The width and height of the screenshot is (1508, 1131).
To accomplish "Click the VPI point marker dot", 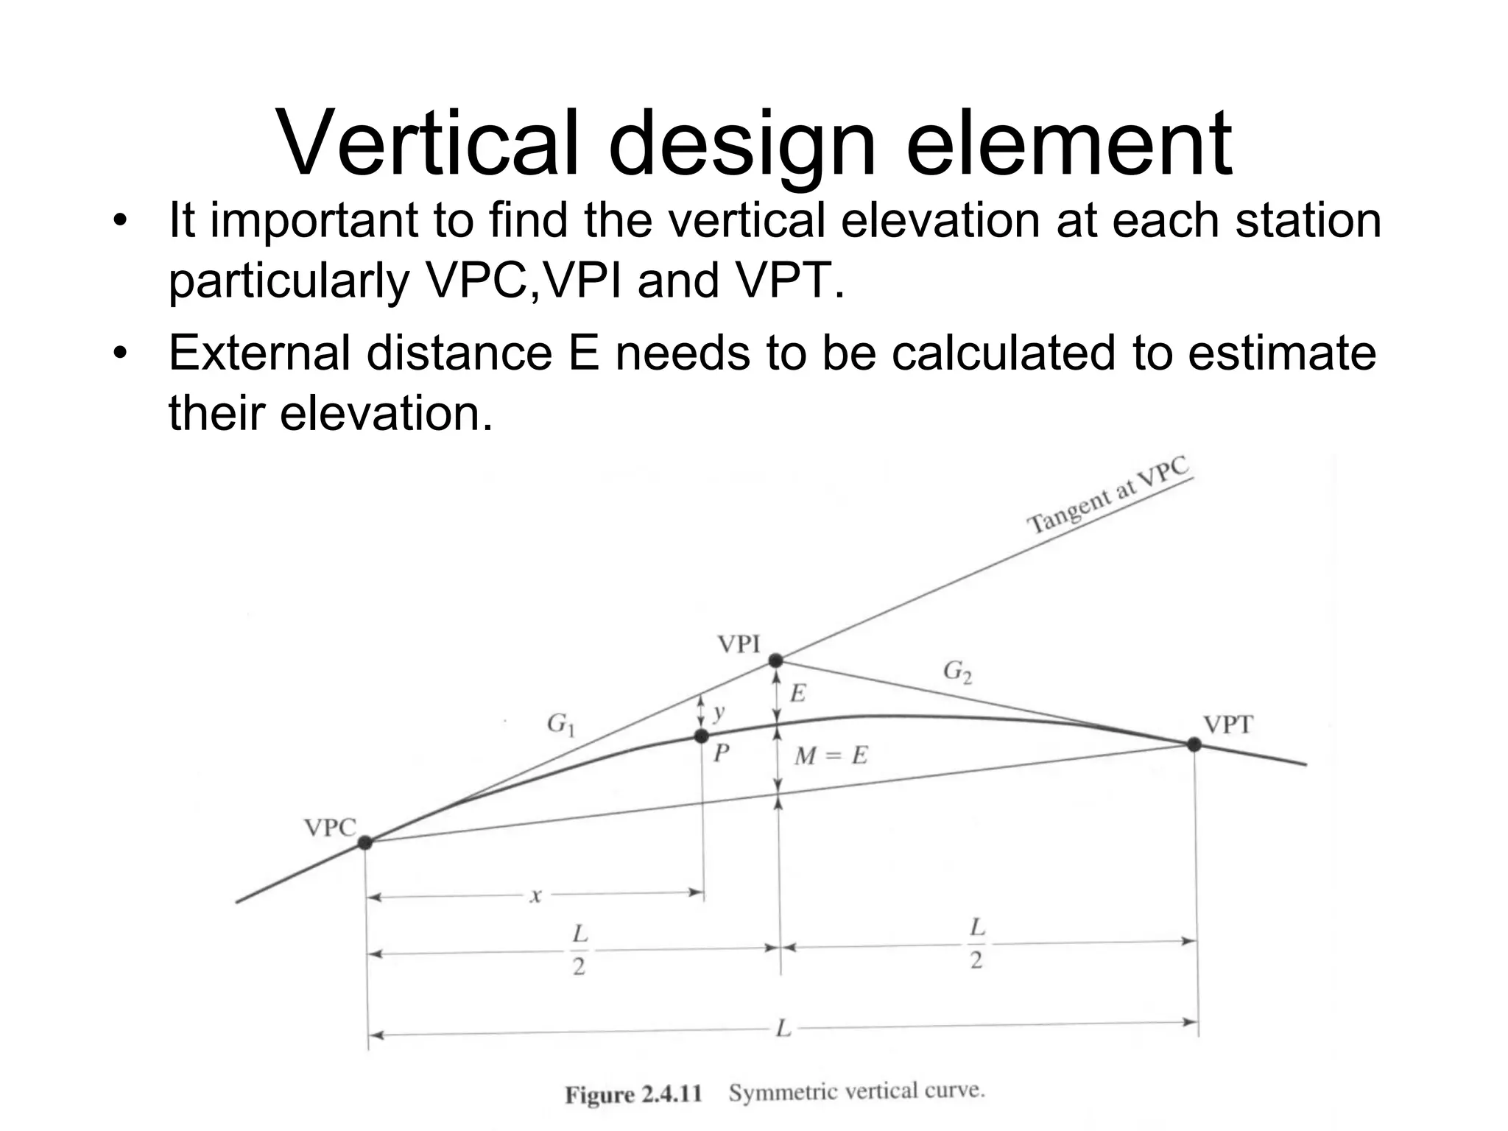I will tap(775, 660).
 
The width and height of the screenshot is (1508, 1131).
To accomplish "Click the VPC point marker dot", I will tap(365, 842).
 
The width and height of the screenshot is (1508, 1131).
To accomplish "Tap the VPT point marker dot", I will tap(1194, 744).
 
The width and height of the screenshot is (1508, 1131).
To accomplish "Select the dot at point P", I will tap(702, 736).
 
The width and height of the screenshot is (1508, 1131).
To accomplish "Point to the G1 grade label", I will tap(561, 725).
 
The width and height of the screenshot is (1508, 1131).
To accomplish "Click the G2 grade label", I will tap(957, 672).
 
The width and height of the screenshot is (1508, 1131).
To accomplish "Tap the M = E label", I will tap(831, 755).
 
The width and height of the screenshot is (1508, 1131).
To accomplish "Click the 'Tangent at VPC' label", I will tap(1108, 495).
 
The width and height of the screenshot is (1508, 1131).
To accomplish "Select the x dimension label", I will tap(536, 895).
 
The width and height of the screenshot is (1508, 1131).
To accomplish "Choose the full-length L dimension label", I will tap(783, 1028).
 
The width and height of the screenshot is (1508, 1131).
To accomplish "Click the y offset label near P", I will tap(719, 711).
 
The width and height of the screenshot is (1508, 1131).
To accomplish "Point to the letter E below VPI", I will tap(798, 693).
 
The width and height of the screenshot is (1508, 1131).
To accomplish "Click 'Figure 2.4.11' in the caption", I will tap(633, 1094).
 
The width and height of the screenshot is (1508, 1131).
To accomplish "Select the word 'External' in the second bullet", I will tap(259, 353).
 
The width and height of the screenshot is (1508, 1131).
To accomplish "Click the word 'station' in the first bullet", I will tap(1308, 220).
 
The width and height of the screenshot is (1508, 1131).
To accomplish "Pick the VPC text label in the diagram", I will tap(330, 828).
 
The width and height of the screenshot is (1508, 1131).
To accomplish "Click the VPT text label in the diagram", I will tap(1227, 725).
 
